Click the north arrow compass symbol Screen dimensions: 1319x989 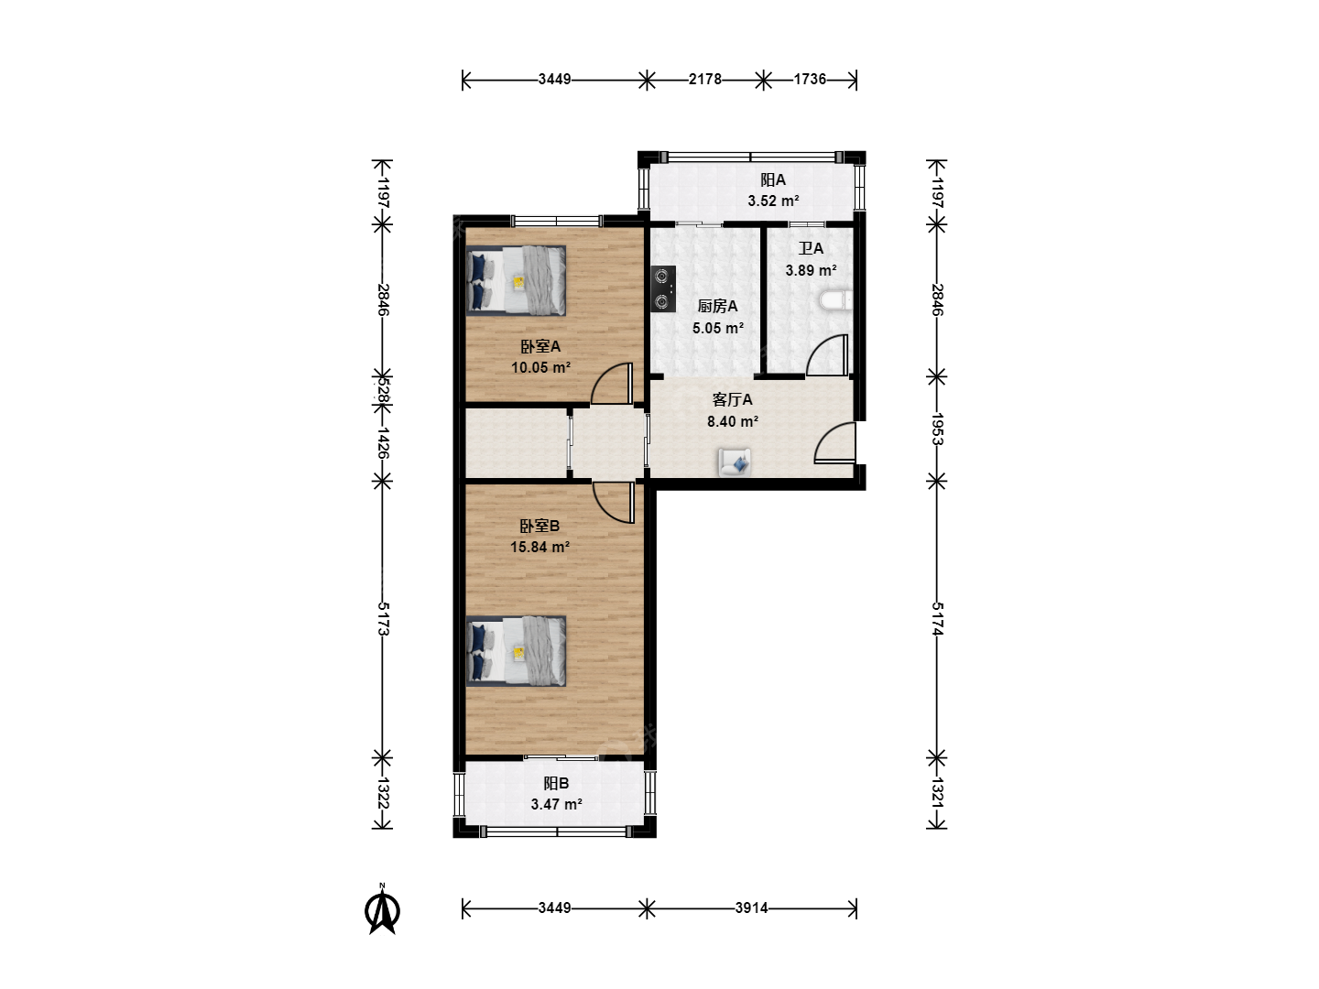[x=382, y=910]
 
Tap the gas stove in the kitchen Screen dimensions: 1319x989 [x=663, y=288]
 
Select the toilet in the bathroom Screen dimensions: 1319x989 [x=836, y=300]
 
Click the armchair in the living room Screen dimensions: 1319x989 [x=735, y=462]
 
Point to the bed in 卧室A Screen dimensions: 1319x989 [x=517, y=280]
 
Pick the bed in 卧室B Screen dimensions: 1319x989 [x=517, y=651]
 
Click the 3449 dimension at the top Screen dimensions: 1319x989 [x=554, y=80]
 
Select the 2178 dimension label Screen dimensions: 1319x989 [x=705, y=80]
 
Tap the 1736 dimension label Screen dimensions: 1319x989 [x=810, y=80]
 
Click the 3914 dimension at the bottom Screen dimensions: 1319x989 [x=752, y=907]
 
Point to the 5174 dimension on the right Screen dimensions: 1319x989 [x=937, y=619]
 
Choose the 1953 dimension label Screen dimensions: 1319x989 [x=937, y=429]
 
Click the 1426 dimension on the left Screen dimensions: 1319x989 [x=383, y=443]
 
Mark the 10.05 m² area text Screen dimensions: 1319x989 [x=540, y=367]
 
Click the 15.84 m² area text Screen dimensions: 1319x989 [x=540, y=547]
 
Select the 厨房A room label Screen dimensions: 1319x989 [x=717, y=306]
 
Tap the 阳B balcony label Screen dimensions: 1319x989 [x=556, y=783]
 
